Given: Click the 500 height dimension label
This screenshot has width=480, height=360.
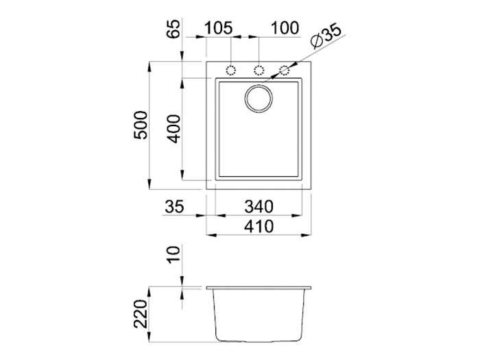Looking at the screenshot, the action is (141, 125).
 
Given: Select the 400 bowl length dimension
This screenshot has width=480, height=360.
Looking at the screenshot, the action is (174, 129).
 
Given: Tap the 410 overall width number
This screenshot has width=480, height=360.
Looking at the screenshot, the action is (259, 226).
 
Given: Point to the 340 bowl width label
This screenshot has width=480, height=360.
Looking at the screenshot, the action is (259, 206).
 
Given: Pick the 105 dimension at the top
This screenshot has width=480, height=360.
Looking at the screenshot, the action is (218, 28).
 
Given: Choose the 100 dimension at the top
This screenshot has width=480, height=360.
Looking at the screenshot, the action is (285, 28).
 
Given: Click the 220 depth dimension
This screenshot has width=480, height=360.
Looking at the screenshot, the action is (141, 314).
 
